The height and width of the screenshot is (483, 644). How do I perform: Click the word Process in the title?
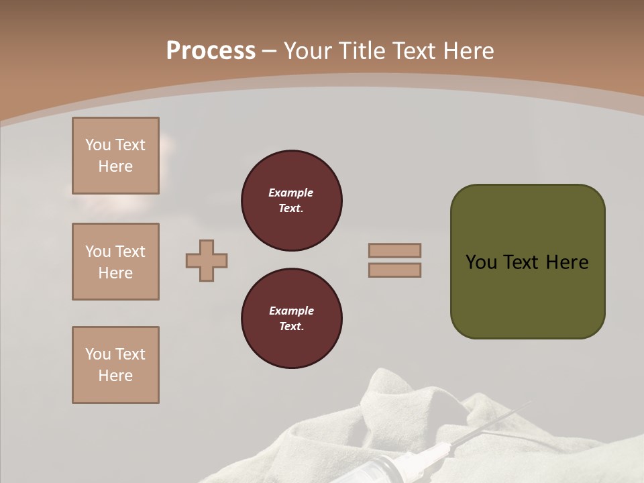point(211,51)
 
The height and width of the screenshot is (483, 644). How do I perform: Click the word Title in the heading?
point(359,51)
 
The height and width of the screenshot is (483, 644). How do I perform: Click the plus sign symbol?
point(207,260)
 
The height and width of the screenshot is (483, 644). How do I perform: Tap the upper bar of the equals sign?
point(394,250)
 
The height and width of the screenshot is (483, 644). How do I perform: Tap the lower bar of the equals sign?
point(394,270)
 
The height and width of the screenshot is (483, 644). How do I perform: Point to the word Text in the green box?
point(521,262)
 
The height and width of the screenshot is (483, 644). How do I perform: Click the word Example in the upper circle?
point(290,193)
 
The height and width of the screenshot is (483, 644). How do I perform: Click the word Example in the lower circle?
point(291,311)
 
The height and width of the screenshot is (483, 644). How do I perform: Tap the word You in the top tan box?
point(98,145)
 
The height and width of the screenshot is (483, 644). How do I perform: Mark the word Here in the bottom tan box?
point(115,376)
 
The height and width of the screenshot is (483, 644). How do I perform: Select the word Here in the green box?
point(567,262)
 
